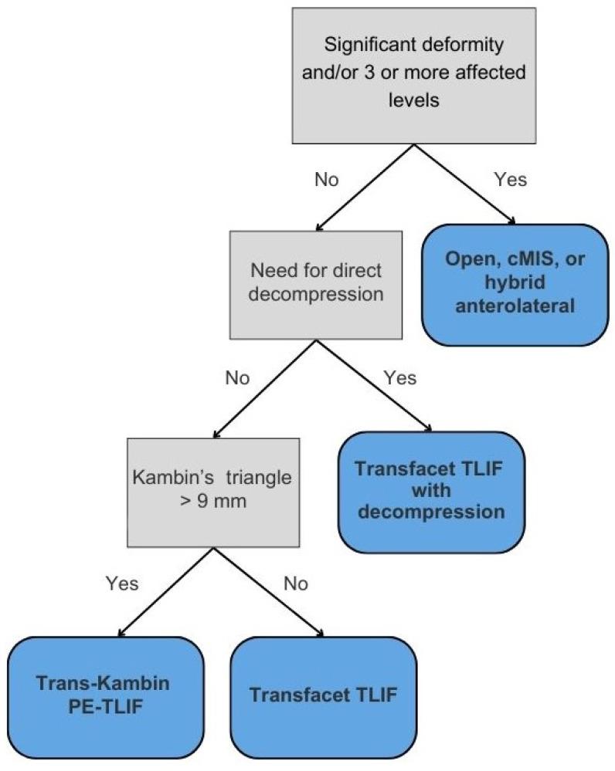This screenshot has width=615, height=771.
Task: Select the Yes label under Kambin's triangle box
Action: pos(122,583)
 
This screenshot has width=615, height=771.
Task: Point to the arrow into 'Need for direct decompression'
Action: pos(359,185)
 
